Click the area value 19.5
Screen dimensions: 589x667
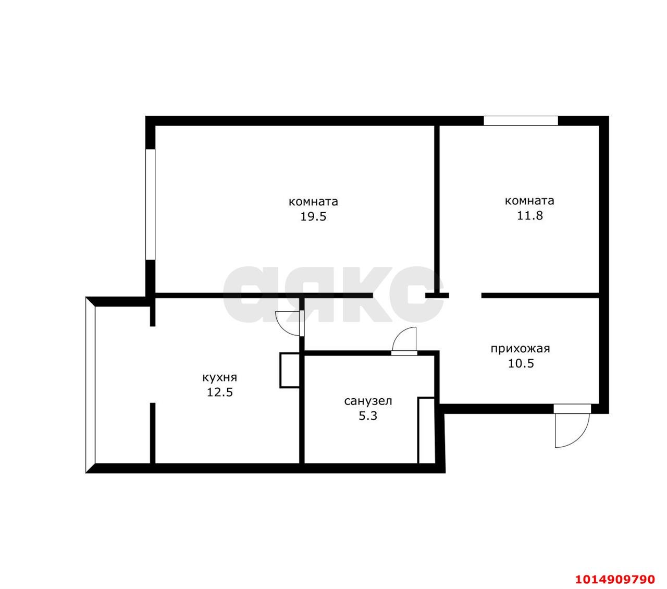[x=313, y=217]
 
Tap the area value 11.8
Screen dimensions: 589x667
[x=529, y=216]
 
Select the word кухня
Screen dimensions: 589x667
[x=219, y=377]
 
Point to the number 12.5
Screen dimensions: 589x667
[x=219, y=392]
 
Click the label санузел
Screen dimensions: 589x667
[x=368, y=401]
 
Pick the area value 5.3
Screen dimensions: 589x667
[x=368, y=416]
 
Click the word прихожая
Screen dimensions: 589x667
[x=520, y=349]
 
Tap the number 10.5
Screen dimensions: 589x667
[x=521, y=364]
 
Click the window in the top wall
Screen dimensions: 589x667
[x=521, y=121]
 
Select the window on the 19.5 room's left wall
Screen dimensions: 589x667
[x=150, y=204]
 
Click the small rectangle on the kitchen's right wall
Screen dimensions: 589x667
[x=289, y=370]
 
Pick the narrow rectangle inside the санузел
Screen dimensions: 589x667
[x=426, y=431]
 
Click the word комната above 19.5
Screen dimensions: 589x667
[x=313, y=202]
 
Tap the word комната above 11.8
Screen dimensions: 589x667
[x=529, y=201]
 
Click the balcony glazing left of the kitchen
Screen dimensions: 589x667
[x=91, y=385]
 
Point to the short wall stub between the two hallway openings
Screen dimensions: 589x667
[x=437, y=296]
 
